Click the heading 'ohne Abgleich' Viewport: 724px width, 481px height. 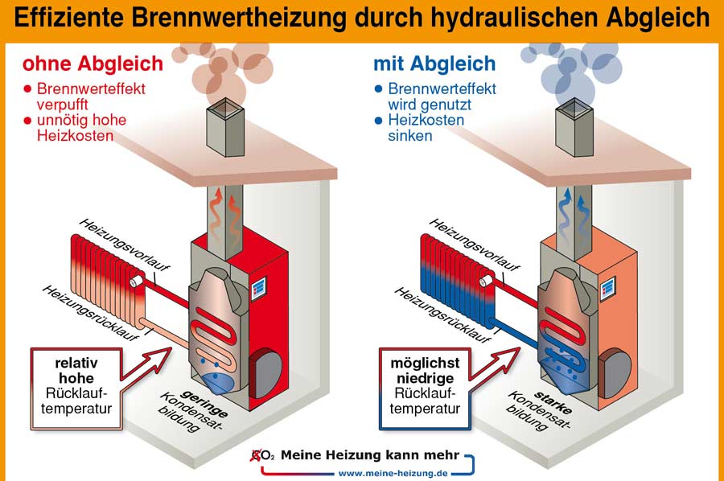(x=92, y=64)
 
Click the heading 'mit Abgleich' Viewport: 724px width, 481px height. (x=434, y=64)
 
